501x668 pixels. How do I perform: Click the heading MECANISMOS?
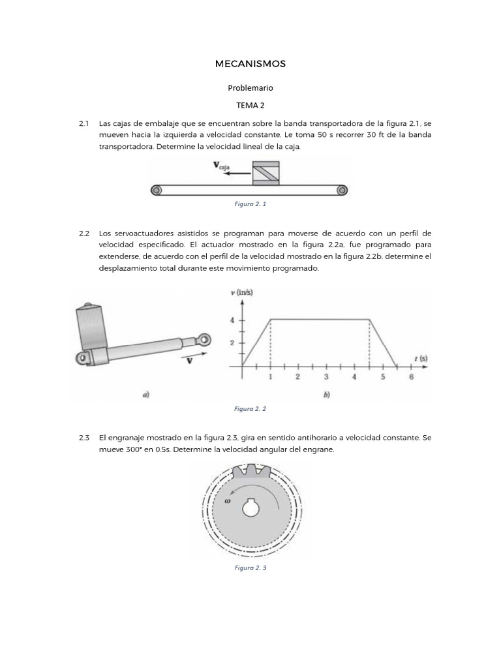[250, 64]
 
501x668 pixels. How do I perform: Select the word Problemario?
[250, 87]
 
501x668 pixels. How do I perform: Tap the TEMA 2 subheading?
[250, 104]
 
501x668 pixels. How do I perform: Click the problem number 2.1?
[83, 123]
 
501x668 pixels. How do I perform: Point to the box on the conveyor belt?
[266, 173]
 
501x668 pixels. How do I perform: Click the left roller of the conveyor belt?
[156, 190]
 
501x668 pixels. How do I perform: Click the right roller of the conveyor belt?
[341, 190]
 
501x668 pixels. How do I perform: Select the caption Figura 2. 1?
[250, 204]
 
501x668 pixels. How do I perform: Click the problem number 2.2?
[83, 233]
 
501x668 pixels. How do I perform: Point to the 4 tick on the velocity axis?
[232, 320]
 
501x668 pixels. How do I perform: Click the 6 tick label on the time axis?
[411, 377]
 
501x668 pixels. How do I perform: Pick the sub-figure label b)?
[326, 394]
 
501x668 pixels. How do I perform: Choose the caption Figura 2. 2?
[250, 408]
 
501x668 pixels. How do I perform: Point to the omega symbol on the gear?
[228, 502]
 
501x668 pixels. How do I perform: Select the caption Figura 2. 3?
[250, 568]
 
